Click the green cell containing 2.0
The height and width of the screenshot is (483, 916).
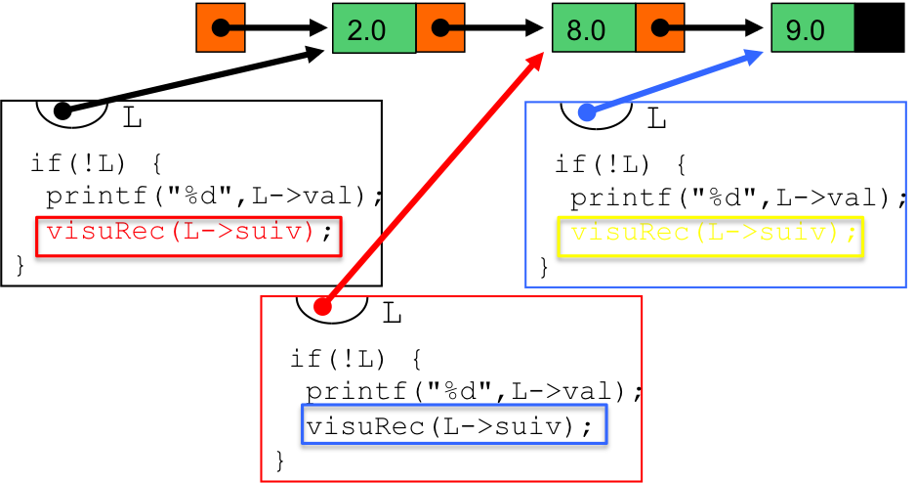374,28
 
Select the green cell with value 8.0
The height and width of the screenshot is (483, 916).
594,28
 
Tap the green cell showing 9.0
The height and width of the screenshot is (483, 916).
812,28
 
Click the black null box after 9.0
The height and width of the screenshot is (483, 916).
879,28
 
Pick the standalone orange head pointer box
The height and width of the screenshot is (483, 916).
221,27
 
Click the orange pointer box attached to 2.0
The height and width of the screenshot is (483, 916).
440,28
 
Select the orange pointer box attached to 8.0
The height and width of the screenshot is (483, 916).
659,28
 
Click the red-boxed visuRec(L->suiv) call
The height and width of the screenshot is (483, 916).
188,237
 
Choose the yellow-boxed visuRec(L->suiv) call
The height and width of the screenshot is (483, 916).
710,237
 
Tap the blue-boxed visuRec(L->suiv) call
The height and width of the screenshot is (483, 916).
454,424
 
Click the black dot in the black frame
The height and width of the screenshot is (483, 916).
62,110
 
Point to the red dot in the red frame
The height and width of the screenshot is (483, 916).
322,306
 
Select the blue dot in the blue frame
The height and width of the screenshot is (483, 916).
587,112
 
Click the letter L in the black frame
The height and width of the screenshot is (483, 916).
133,118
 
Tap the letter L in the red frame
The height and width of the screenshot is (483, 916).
392,314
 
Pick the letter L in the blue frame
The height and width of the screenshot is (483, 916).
657,119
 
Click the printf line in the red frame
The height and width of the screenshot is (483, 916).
475,391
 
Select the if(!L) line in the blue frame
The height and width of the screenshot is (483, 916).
620,164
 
